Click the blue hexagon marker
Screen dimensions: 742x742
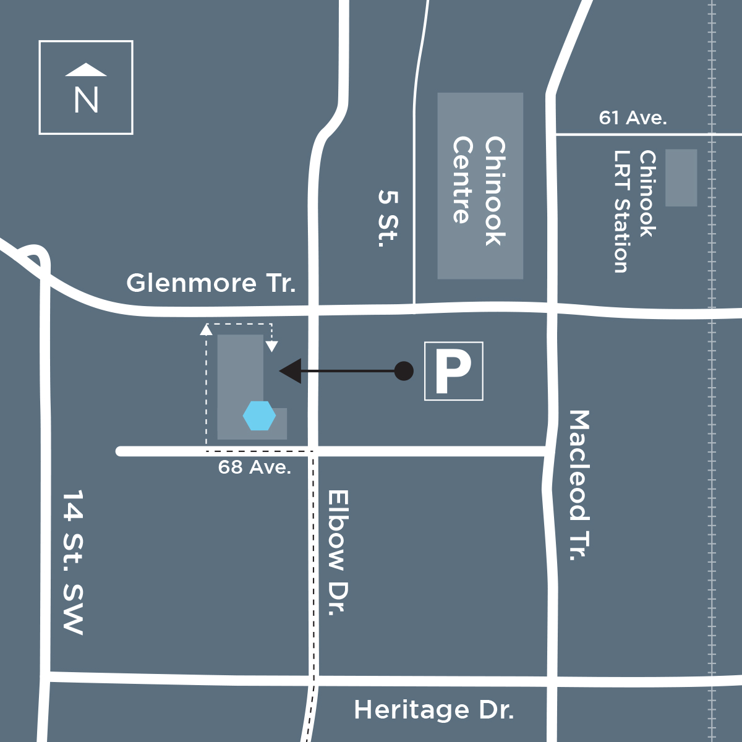tap(259, 416)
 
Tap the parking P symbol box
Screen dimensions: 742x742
tap(453, 371)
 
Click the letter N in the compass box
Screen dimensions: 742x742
tap(86, 100)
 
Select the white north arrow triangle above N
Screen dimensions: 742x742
tap(86, 70)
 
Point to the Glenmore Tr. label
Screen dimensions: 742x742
tap(211, 283)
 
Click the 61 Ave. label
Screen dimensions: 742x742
tap(633, 117)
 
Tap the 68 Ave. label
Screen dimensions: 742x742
tap(254, 467)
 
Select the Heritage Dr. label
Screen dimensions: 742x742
tap(433, 710)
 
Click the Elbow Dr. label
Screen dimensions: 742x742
tap(338, 553)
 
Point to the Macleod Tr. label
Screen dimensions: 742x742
tap(579, 485)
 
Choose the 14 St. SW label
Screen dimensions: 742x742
tap(73, 562)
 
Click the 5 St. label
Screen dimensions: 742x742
tap(388, 218)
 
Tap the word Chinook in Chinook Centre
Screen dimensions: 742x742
tap(495, 191)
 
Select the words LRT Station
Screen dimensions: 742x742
tap(621, 211)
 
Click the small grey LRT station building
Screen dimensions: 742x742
tap(681, 177)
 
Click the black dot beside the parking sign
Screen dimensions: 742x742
tap(404, 371)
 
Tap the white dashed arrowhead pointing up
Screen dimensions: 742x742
tap(207, 330)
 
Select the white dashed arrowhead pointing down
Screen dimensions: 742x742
tap(271, 346)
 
